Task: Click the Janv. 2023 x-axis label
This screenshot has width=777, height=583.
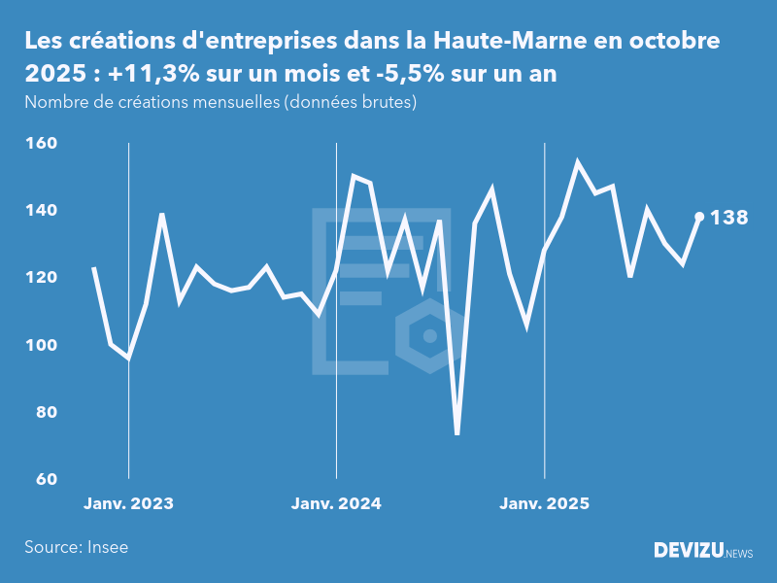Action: (x=128, y=503)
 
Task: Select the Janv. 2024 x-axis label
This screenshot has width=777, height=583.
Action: (x=336, y=503)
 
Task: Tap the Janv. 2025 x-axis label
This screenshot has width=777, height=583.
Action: (x=544, y=503)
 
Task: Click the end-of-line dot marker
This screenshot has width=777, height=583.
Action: (x=699, y=217)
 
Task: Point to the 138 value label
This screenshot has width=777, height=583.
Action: (x=729, y=218)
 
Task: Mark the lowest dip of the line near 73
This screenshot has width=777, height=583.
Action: (x=456, y=433)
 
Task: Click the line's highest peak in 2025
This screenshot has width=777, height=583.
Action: (x=578, y=163)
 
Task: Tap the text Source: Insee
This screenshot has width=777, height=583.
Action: (x=77, y=547)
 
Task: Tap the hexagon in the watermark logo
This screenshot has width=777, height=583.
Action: (x=428, y=336)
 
